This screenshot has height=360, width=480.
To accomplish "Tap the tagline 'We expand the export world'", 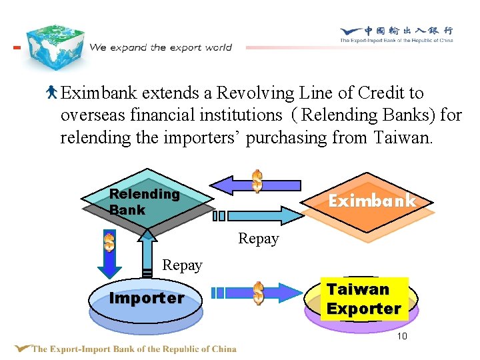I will click(161, 47).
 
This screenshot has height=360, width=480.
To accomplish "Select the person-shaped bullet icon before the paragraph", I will click(53, 93).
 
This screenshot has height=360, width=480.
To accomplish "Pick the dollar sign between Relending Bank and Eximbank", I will click(257, 181).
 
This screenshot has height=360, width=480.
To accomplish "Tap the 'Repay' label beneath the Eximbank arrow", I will click(258, 239).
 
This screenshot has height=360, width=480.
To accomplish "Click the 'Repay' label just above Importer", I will click(182, 265).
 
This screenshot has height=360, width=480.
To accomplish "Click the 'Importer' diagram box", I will click(146, 299).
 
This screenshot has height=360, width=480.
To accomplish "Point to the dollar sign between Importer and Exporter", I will click(258, 293).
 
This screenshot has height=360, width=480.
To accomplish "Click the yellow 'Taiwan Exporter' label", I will click(364, 299).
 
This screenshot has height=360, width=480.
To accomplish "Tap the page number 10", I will click(402, 336).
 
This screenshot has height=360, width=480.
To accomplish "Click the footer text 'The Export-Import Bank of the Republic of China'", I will click(133, 349).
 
